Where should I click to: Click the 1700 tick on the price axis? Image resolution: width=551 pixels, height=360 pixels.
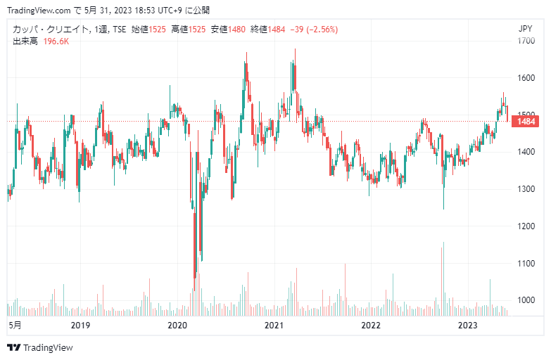click(524, 41)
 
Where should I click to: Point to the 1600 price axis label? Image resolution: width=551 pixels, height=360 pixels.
click(524, 78)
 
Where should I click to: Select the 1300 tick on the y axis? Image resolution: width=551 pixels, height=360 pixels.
click(524, 189)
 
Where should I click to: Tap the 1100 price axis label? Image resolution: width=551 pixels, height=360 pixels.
click(524, 263)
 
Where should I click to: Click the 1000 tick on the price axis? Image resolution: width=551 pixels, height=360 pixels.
click(524, 300)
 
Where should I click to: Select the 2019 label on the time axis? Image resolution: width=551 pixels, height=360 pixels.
click(81, 326)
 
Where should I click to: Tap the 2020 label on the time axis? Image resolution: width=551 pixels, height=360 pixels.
click(177, 326)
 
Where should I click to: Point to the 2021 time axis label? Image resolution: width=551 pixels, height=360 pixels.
click(274, 326)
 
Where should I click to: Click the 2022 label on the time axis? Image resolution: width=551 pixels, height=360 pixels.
click(370, 326)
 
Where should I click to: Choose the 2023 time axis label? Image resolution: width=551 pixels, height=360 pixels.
click(467, 326)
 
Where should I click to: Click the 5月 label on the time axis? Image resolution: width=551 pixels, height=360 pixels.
click(14, 326)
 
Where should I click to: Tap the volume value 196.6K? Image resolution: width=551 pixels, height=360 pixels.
click(56, 41)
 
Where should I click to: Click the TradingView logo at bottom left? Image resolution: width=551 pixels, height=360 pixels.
click(40, 347)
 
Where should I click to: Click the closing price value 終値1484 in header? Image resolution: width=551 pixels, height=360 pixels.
click(268, 30)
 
